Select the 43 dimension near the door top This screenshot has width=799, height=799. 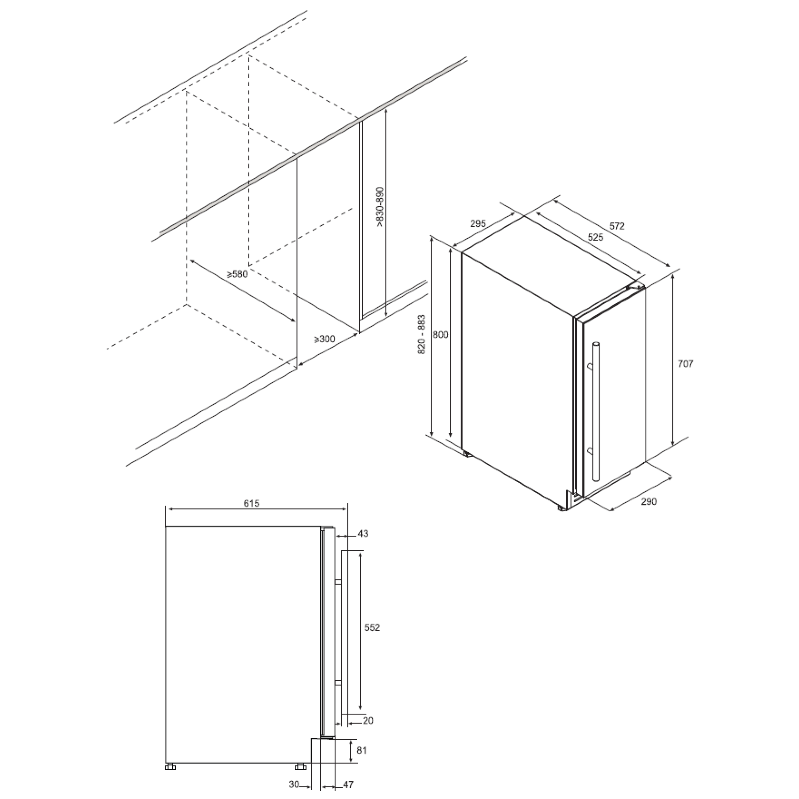tap(363, 533)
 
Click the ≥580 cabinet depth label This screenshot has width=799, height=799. tap(237, 274)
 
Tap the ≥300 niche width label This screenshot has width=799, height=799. tap(324, 339)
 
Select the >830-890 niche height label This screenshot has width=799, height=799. tap(380, 207)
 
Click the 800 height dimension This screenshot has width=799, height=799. tap(440, 335)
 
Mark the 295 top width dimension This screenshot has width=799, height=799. tap(478, 224)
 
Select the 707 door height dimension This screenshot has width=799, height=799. tap(685, 364)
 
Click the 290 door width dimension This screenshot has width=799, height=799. tap(649, 502)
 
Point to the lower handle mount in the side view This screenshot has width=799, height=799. tap(338, 683)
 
